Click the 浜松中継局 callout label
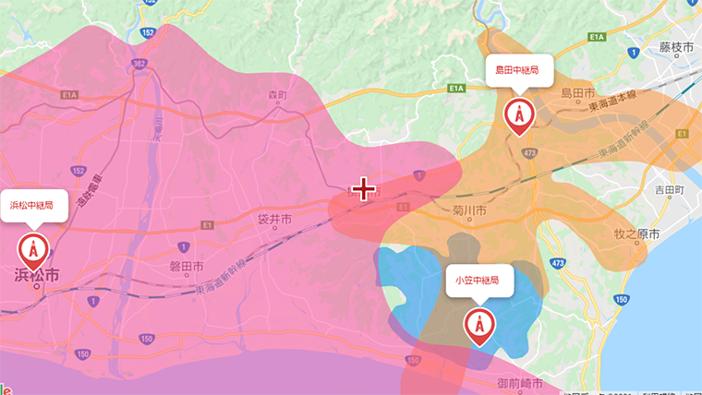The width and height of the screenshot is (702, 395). coord(32,204)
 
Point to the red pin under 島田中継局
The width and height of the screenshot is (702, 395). coord(518,114)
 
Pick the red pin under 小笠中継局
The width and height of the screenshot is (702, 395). coord(478,325)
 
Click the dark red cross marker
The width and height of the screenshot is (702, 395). coord(364,190)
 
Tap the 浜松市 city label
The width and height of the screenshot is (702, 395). coord(37,275)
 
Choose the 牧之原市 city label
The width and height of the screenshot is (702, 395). coord(636,234)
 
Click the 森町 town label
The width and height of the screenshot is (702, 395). coord(278,95)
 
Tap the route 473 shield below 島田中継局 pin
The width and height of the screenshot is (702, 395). coord(529,153)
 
